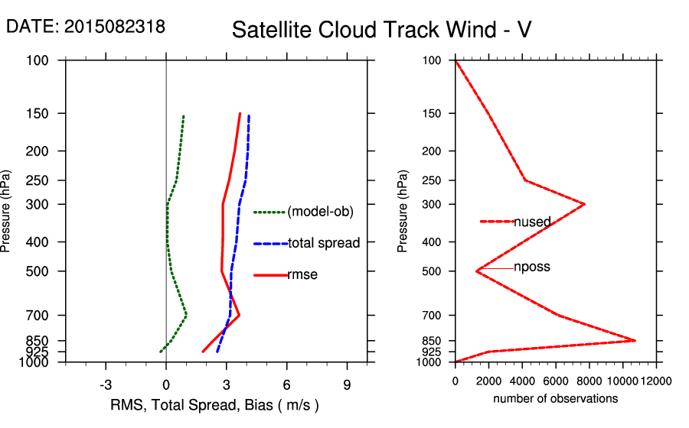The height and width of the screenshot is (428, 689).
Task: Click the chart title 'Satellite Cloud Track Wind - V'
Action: pos(381,30)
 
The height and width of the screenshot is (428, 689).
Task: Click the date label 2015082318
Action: pos(85,26)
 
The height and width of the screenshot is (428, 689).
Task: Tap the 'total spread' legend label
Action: pos(324,243)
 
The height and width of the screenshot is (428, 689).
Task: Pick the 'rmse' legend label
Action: pos(302,274)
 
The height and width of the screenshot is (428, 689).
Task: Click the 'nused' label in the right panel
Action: pos(532,222)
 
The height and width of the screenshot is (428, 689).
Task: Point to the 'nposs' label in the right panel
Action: pos(532,267)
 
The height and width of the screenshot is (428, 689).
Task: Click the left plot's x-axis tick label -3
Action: pos(106,385)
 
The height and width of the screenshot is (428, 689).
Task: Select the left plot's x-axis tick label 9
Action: pos(347,385)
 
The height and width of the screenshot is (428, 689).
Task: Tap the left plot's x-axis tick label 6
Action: pos(287,385)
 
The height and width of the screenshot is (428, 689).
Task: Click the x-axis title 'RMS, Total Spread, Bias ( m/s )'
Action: pos(214,404)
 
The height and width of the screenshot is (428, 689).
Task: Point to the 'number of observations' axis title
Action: pos(555,399)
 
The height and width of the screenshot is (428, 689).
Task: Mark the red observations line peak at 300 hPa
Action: pos(585,204)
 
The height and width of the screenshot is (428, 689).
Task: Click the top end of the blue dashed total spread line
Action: pos(249,116)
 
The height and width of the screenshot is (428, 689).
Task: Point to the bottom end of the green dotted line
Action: pos(160,352)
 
